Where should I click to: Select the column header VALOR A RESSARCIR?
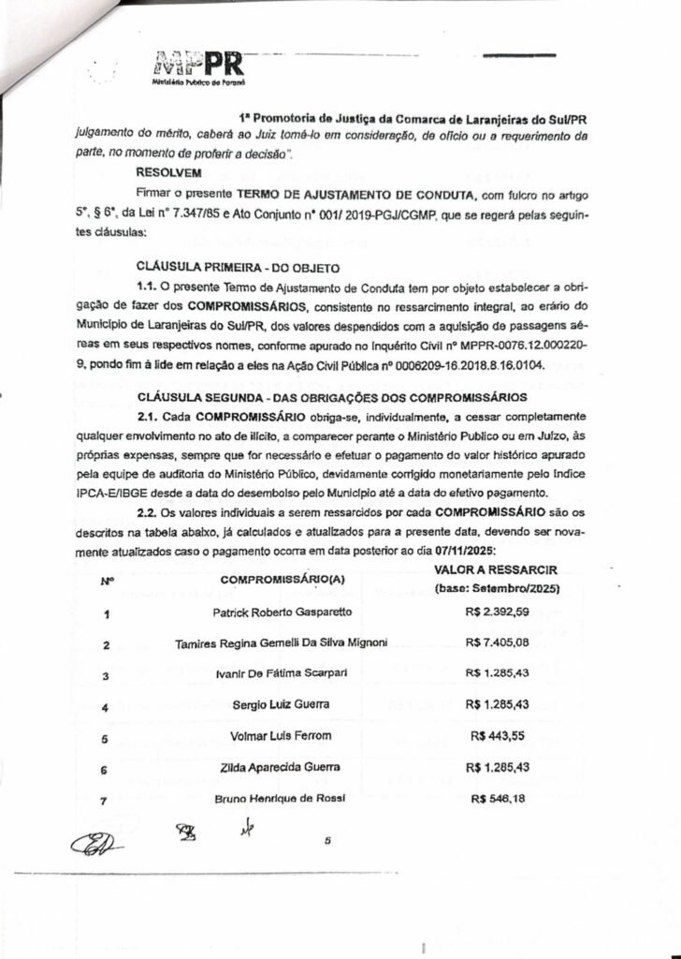click(496, 570)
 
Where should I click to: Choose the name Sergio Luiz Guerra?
click(281, 704)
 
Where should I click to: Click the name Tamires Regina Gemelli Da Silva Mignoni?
click(281, 643)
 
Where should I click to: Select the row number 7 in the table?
click(106, 802)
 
